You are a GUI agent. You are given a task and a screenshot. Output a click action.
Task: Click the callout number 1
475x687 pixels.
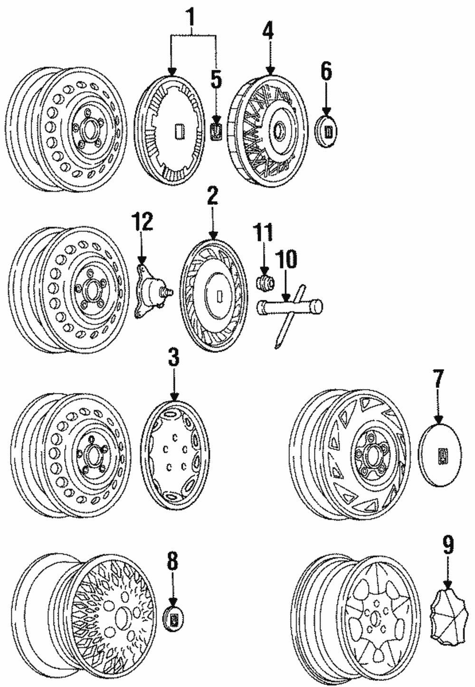pos(192,19)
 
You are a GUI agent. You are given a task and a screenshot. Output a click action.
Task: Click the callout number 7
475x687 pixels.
pos(438,380)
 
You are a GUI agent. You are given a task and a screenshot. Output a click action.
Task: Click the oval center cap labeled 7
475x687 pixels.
pos(441,455)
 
